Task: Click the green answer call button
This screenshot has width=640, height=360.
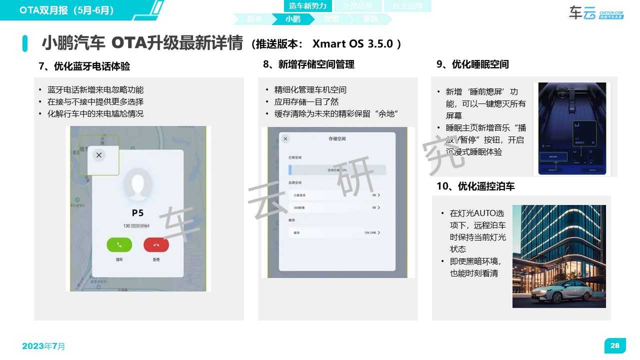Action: click(119, 244)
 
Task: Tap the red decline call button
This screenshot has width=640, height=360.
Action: click(156, 244)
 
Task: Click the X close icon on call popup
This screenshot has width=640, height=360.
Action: click(99, 155)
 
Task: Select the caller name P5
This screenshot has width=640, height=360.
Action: click(137, 212)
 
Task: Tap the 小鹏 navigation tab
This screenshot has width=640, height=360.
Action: click(293, 19)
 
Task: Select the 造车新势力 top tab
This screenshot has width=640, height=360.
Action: click(307, 6)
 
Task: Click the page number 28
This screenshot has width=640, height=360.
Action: click(615, 345)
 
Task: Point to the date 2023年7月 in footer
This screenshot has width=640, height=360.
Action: click(43, 346)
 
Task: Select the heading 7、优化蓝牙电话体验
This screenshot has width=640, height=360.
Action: click(84, 66)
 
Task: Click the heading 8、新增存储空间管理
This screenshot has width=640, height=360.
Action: click(308, 64)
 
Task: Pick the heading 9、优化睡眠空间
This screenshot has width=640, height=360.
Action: click(472, 64)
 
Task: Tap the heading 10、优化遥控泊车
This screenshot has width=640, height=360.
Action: click(475, 186)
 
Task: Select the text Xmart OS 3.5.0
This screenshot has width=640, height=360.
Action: click(352, 43)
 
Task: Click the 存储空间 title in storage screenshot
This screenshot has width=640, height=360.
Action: click(337, 138)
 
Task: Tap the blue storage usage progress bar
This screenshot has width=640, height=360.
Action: click(337, 170)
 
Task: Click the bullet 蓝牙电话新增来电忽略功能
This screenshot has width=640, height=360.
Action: click(95, 90)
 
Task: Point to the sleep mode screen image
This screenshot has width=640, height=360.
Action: click(572, 129)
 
